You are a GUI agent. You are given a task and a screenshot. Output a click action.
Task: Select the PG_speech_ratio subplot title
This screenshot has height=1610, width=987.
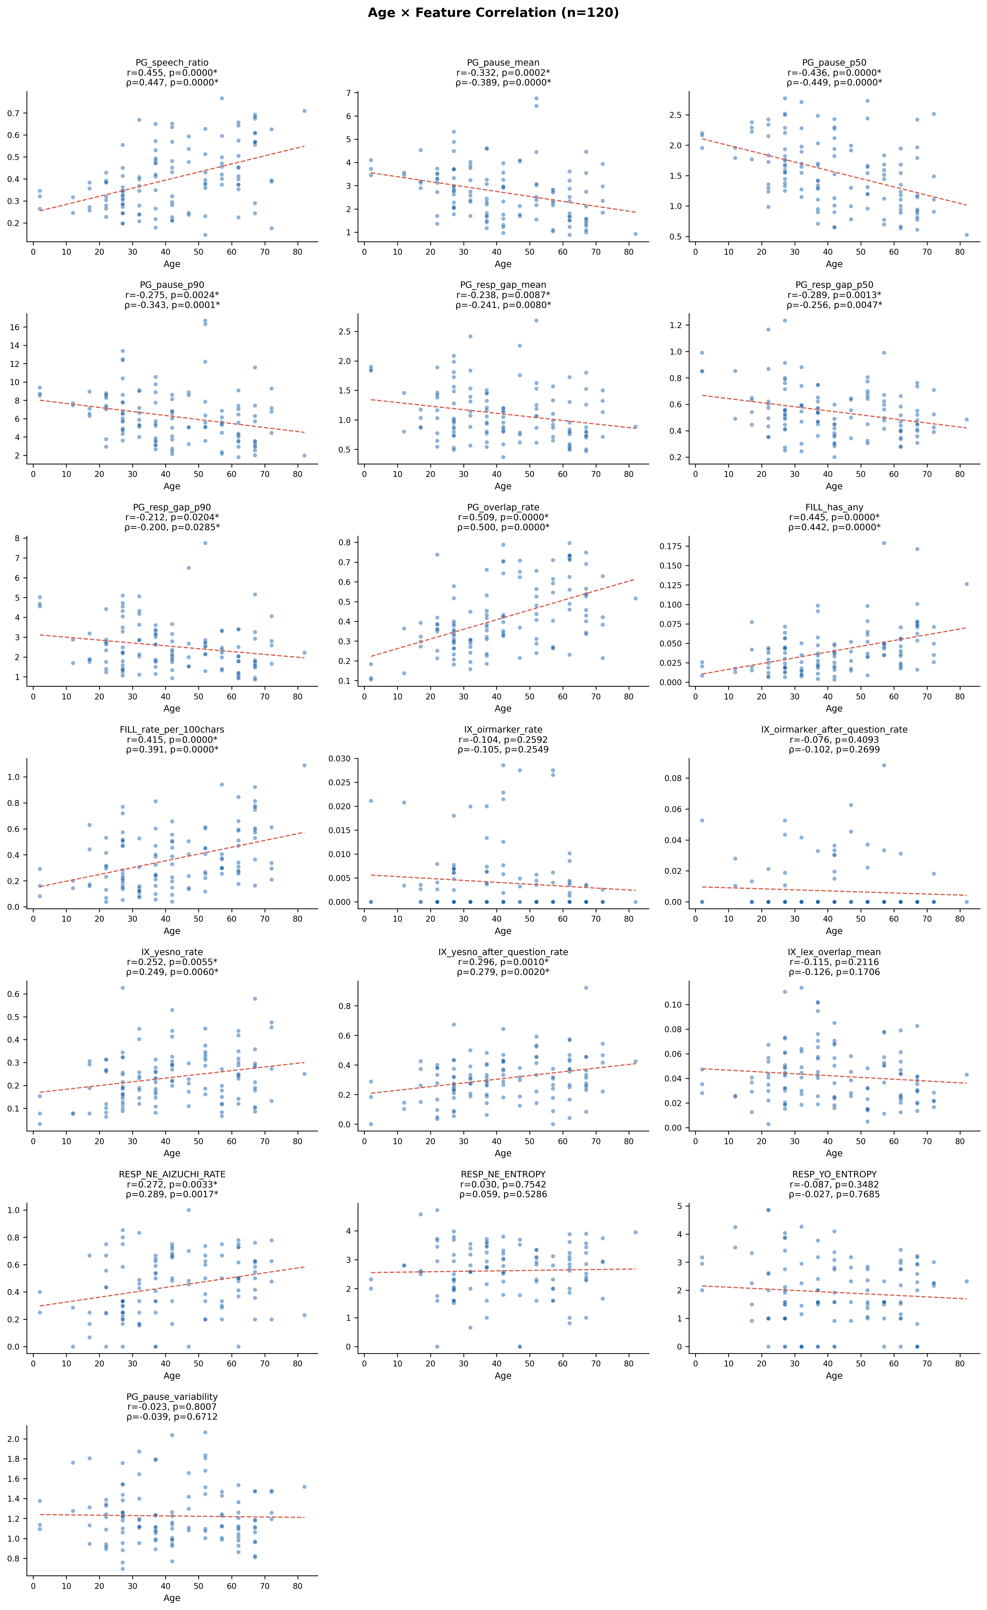point(172,63)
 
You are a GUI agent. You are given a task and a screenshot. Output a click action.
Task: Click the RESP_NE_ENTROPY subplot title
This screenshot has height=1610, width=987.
point(503,1174)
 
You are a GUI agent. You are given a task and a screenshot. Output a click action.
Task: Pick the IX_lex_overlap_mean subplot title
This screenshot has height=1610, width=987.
point(834,952)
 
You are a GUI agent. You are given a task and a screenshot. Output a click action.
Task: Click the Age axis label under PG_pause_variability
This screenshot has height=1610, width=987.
point(172,1598)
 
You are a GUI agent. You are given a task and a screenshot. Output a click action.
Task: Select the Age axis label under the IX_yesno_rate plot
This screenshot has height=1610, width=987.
point(172,1153)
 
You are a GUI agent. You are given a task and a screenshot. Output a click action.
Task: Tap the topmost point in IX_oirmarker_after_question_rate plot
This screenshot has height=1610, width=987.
point(884,765)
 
